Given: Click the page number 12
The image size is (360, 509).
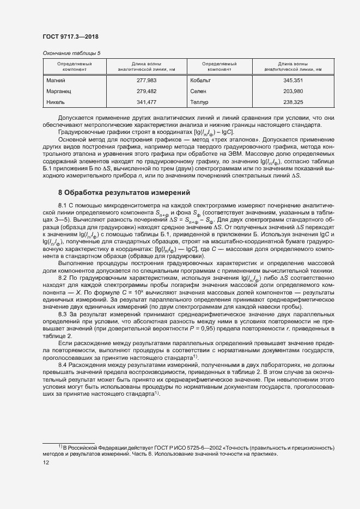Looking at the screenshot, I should point(46,462).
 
